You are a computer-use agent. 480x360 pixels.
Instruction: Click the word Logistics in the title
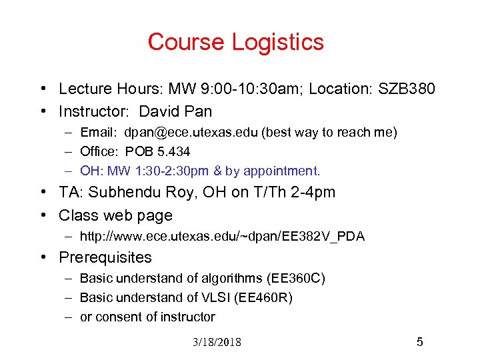pyautogui.click(x=279, y=43)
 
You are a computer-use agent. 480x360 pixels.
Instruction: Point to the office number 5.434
pyautogui.click(x=171, y=152)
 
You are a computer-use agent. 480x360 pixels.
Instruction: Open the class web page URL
pyautogui.click(x=222, y=237)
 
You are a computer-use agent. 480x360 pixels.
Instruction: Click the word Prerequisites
pyautogui.click(x=105, y=257)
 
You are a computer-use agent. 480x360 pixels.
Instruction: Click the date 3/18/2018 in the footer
pyautogui.click(x=217, y=343)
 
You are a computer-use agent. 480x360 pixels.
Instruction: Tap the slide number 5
pyautogui.click(x=419, y=342)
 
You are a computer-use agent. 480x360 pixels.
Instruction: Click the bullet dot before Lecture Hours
pyautogui.click(x=42, y=89)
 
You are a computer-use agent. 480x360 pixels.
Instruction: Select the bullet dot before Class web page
pyautogui.click(x=42, y=215)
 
